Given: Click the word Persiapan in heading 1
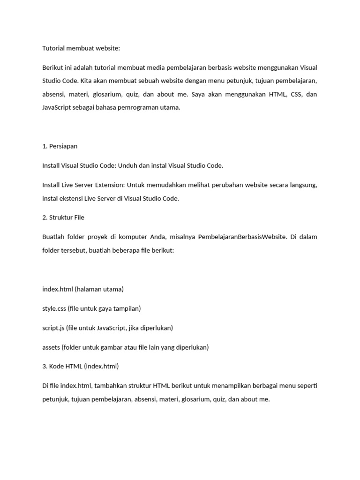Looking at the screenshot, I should click(x=63, y=146).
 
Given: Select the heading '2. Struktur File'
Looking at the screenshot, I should click(x=63, y=217).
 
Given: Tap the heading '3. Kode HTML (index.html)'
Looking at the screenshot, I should click(x=81, y=366).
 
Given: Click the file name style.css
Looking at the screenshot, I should click(x=54, y=308).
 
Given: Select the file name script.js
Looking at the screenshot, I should click(x=53, y=328).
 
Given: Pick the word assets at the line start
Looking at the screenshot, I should click(x=51, y=347).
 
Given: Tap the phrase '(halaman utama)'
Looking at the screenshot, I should click(x=99, y=289).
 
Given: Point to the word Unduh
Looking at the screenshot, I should click(x=127, y=165).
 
